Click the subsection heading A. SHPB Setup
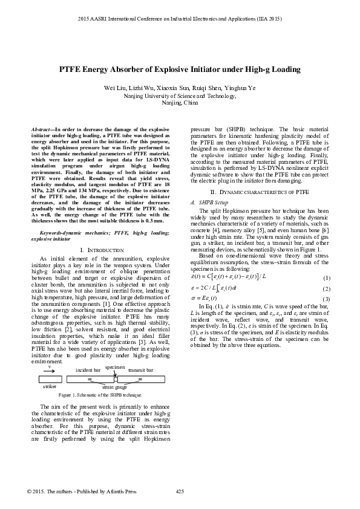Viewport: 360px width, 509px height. tap(209, 201)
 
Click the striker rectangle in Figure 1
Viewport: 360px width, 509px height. tap(49, 379)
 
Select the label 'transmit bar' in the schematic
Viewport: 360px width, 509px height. tap(141, 369)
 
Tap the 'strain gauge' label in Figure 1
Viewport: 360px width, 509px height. tap(114, 386)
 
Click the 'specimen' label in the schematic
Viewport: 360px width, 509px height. tap(114, 366)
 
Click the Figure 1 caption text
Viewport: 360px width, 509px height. tap(100, 394)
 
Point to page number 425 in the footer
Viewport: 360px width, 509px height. tap(180, 491)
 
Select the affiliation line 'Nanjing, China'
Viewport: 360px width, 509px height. tap(180, 103)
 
